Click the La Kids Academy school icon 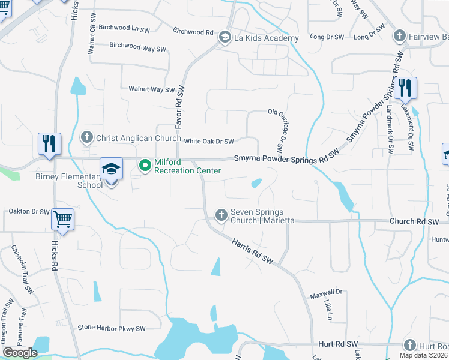tap(225, 38)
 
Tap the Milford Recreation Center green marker tap(145, 165)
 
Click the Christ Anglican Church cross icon tap(87, 138)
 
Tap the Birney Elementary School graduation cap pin tap(111, 170)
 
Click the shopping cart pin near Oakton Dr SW tap(62, 220)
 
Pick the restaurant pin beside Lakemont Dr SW tap(405, 89)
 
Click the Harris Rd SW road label tap(252, 251)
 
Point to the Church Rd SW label tap(414, 221)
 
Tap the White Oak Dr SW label tap(208, 142)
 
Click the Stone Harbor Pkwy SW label tap(112, 328)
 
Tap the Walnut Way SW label tap(151, 89)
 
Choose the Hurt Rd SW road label tap(339, 344)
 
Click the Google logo tap(20, 353)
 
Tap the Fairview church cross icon tap(399, 37)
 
